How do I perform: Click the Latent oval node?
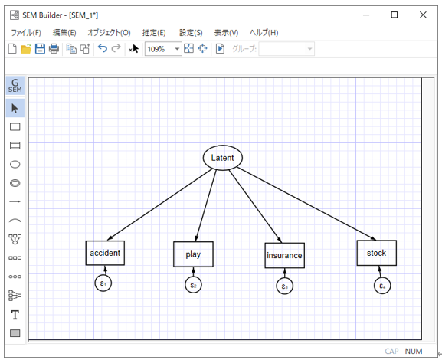[x=223, y=158]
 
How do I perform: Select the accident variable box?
[x=105, y=253]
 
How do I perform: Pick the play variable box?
[x=193, y=254]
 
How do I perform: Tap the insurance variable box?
[x=284, y=255]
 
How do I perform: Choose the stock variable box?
[x=377, y=253]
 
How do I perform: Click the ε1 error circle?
[x=103, y=283]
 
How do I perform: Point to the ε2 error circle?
[x=193, y=285]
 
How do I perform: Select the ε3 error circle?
[x=285, y=286]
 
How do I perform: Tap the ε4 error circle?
[x=382, y=286]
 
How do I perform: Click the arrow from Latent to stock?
[x=306, y=204]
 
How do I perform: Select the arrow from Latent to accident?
[x=160, y=204]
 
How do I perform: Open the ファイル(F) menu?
[x=26, y=33]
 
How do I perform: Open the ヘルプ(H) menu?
[x=264, y=33]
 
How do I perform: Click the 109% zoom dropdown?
[x=163, y=49]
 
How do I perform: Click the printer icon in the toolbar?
[x=54, y=49]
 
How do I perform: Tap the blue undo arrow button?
[x=103, y=48]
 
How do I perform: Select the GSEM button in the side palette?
[x=15, y=86]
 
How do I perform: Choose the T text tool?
[x=15, y=315]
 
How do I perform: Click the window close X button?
[x=423, y=15]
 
